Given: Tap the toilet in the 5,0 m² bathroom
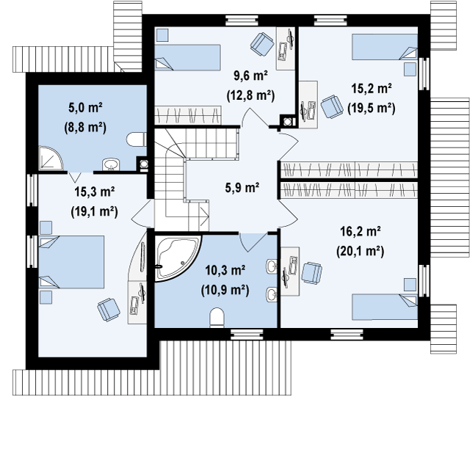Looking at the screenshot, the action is tap(136, 139).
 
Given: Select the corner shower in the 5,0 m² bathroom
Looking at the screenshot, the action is tap(50, 158).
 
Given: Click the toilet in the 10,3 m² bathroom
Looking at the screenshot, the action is tap(217, 318).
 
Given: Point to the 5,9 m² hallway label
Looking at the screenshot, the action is tap(242, 188).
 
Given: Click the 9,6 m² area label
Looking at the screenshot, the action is tap(250, 76).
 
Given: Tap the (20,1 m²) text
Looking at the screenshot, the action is tap(360, 251).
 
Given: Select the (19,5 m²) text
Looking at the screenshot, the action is tap(372, 108).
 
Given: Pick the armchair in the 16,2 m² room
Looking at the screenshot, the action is tap(311, 273).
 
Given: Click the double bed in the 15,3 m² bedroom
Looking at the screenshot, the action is tap(71, 262).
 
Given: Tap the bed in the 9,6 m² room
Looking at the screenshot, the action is tap(187, 57).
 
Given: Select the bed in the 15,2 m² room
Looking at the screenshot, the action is tap(385, 47).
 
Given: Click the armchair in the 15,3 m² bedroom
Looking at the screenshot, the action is tap(109, 309).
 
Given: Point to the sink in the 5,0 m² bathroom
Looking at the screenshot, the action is tap(112, 164).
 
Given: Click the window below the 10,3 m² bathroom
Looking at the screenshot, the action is tap(247, 335).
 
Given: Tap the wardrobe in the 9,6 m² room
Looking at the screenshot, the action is tap(188, 115).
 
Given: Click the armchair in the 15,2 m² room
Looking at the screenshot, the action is tap(330, 106).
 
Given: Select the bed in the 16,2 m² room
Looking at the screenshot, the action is tap(385, 307).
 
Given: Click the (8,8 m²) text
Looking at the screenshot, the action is tap(85, 128).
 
